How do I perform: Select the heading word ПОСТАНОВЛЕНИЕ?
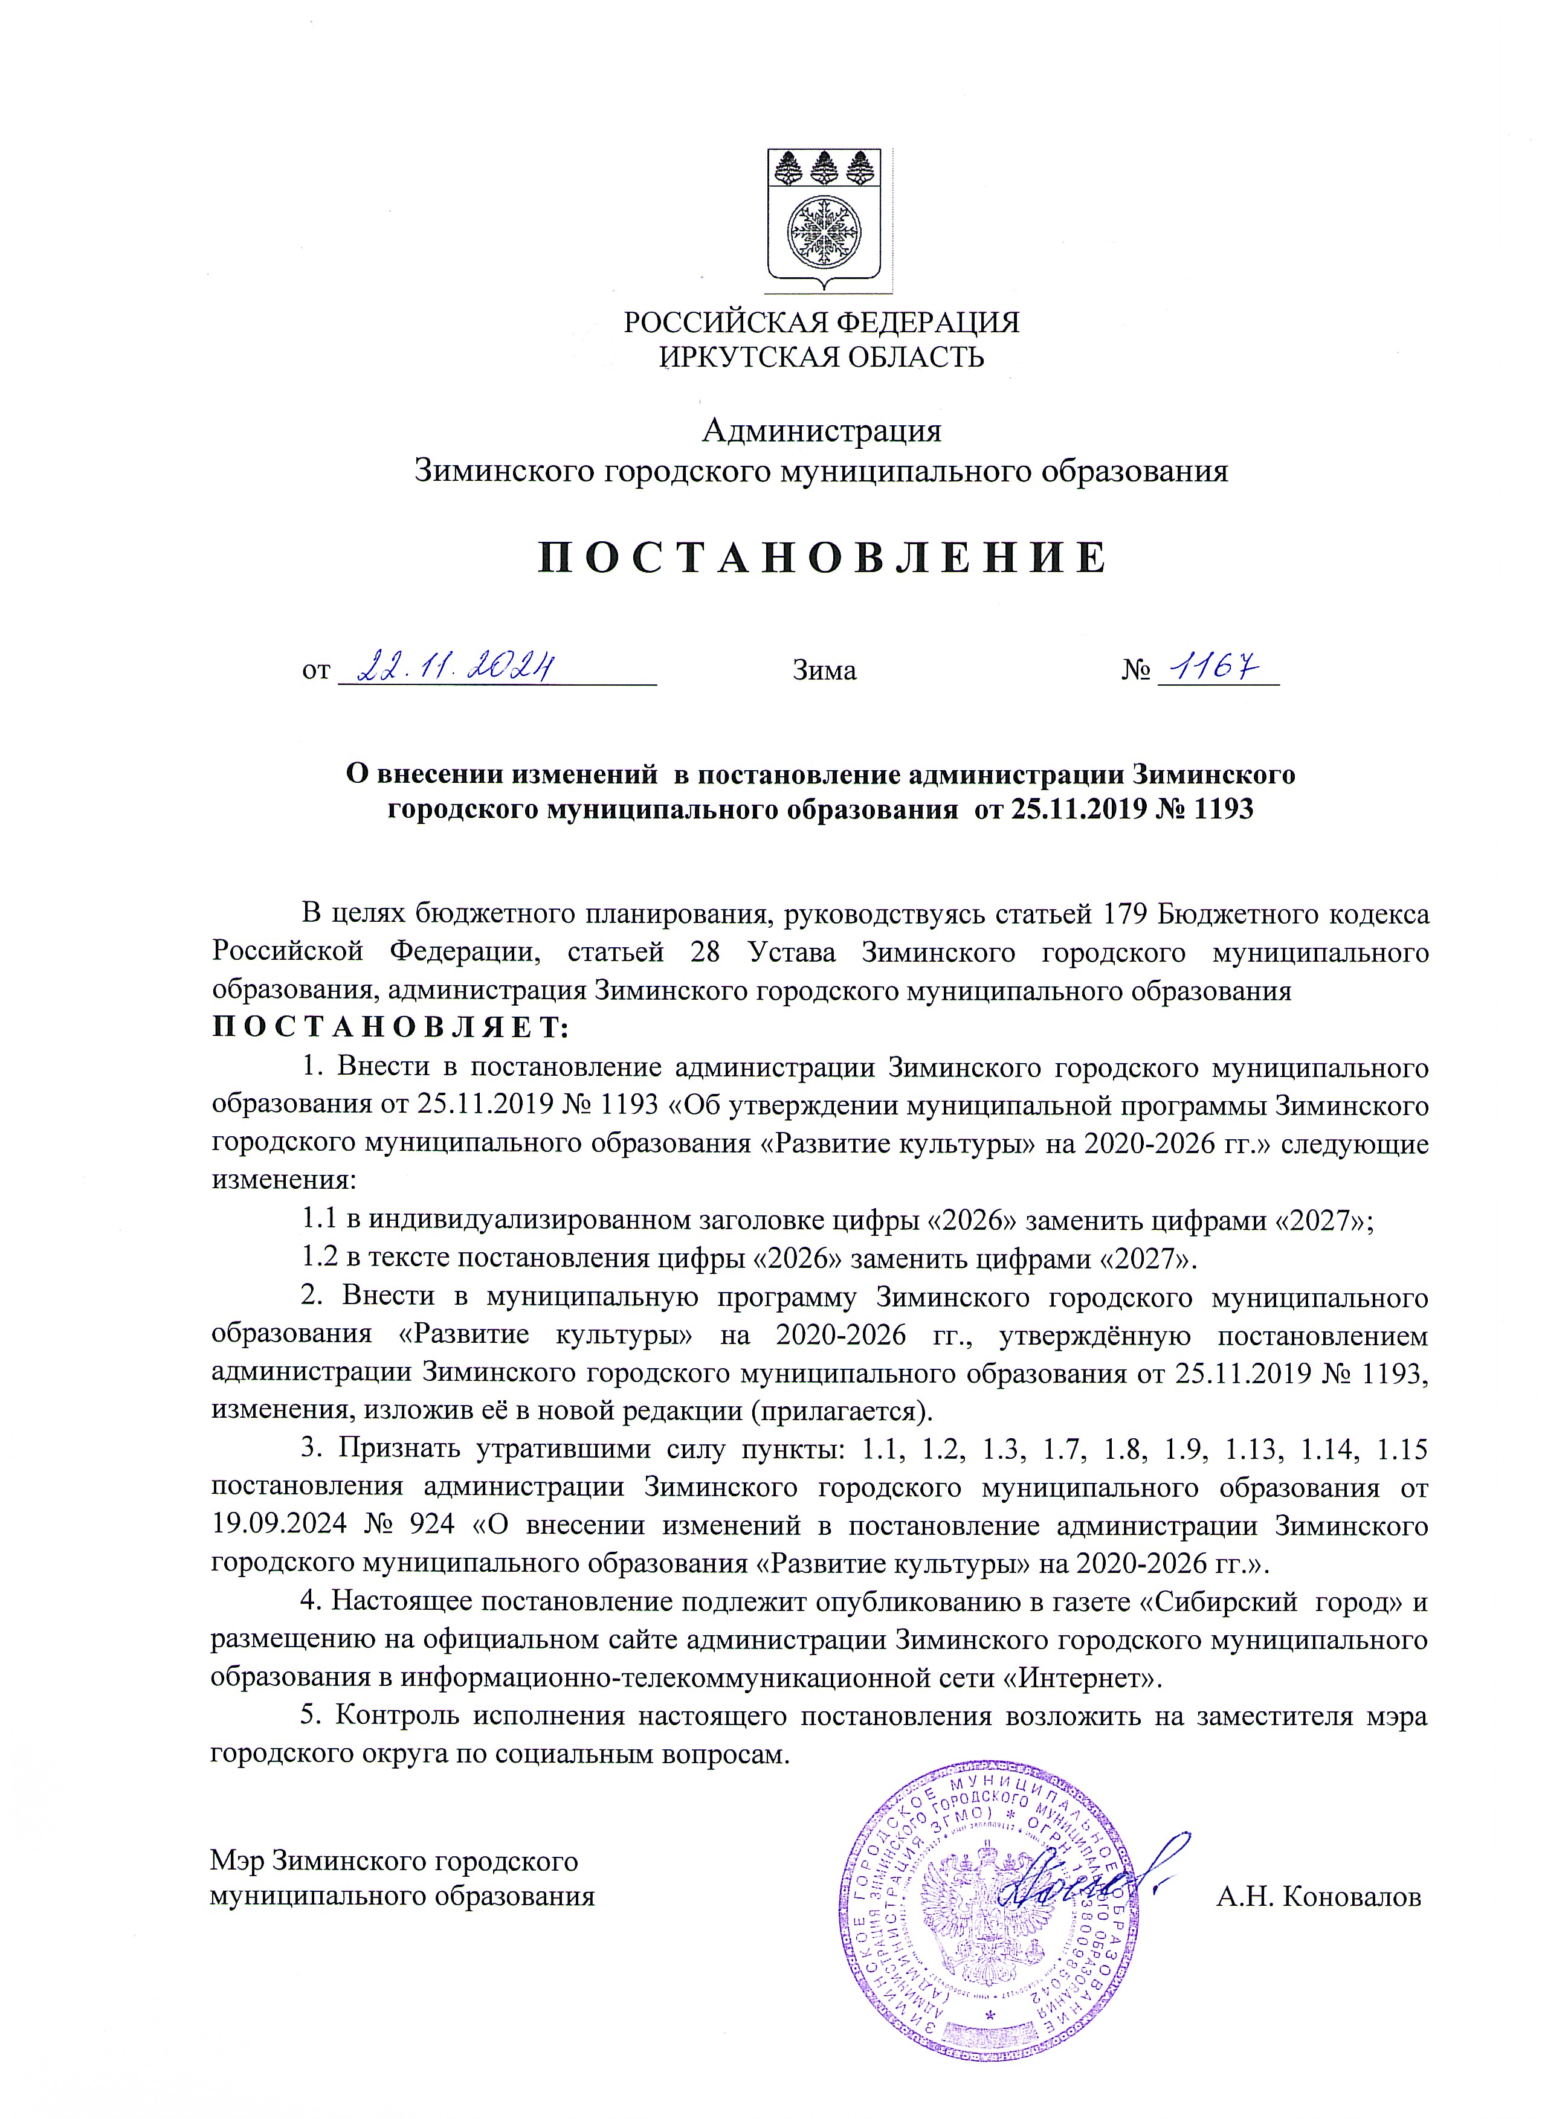tap(822, 558)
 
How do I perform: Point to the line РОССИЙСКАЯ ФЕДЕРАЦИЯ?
tap(822, 323)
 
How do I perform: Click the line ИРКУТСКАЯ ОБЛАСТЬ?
tap(822, 357)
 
